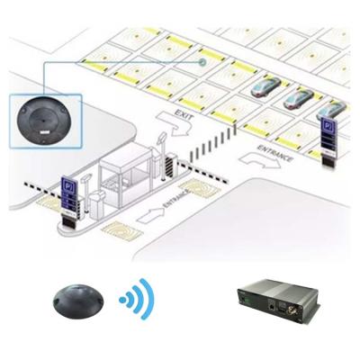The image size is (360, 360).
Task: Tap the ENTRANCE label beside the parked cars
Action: tap(275, 152)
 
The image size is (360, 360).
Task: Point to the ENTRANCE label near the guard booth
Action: tap(176, 198)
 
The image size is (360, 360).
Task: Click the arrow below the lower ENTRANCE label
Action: tap(150, 216)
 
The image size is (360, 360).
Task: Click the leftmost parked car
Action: tap(265, 86)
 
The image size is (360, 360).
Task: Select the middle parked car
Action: tap(298, 101)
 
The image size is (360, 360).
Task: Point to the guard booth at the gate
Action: tap(125, 176)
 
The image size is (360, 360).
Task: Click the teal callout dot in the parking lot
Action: tap(203, 62)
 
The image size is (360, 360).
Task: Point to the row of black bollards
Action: tap(212, 142)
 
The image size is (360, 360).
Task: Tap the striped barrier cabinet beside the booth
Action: tap(171, 164)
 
